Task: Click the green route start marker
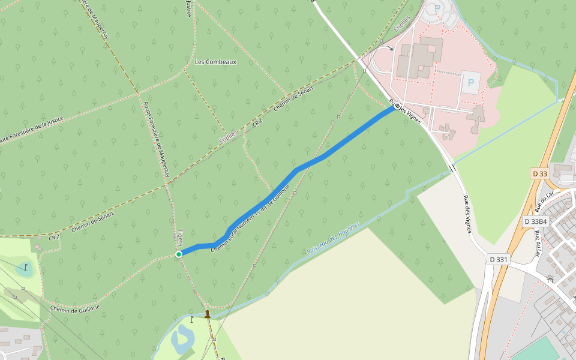pos(179,254)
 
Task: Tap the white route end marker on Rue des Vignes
pos(397,106)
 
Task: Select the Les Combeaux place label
pos(216,62)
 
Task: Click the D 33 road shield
pos(540,174)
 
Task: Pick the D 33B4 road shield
pos(536,221)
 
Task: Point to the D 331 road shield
pos(499,259)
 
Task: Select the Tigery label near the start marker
pos(180,238)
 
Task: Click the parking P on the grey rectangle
pos(470,83)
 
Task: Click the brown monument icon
pos(208,314)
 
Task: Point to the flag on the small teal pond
pos(25,266)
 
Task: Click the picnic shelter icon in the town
pos(550,279)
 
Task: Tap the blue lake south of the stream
pos(181,339)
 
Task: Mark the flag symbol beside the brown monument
pos(192,319)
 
